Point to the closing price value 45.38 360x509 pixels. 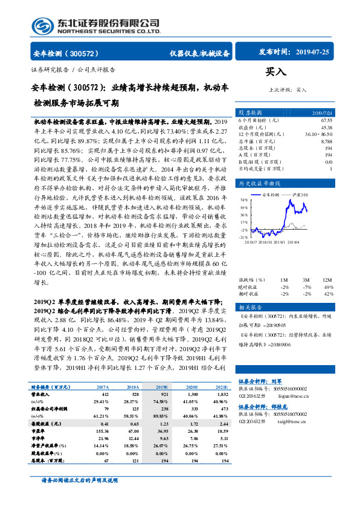[x=326, y=128]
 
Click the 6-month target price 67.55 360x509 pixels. [x=326, y=121]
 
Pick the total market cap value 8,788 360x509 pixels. [x=326, y=141]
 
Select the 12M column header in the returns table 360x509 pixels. [x=326, y=280]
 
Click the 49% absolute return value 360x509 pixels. [x=328, y=287]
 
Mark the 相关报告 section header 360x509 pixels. [x=250, y=307]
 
